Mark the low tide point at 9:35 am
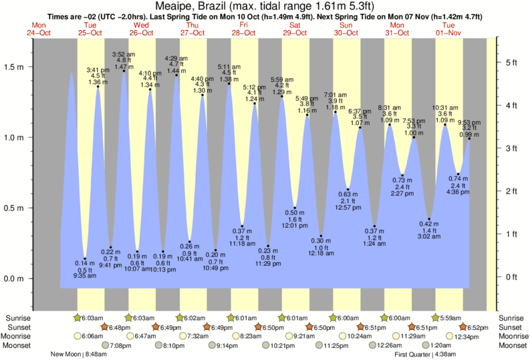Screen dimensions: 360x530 point(85,258)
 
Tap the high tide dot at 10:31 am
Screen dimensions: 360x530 point(445,125)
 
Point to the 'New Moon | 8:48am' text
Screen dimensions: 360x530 point(78,355)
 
